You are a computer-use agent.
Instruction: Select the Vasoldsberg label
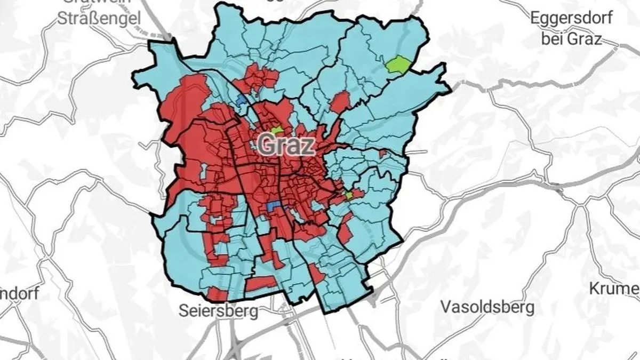click(487, 307)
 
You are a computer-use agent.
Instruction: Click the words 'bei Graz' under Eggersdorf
click(571, 38)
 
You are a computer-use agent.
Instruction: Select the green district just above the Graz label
click(277, 130)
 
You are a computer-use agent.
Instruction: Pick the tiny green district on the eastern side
click(349, 196)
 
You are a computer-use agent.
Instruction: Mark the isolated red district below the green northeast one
click(340, 101)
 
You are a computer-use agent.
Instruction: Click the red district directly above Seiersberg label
click(218, 293)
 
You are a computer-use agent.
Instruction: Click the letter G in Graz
click(267, 145)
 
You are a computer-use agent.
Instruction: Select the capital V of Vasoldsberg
click(447, 307)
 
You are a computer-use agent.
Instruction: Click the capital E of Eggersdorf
click(535, 18)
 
